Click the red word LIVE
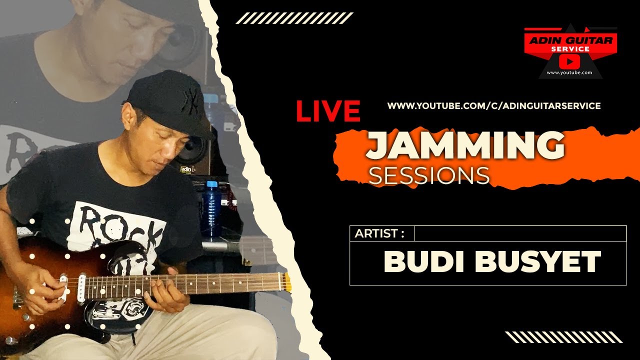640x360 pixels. click(328, 111)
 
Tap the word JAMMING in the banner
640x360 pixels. click(465, 146)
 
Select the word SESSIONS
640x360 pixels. click(428, 175)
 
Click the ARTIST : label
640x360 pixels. click(378, 233)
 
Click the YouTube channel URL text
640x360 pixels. click(494, 106)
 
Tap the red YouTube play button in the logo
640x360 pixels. click(570, 61)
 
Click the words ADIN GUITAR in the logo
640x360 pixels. click(570, 40)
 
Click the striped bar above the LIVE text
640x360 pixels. click(294, 18)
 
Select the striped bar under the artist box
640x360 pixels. click(563, 337)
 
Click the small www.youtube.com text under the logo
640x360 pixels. click(569, 73)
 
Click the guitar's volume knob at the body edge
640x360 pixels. click(10, 340)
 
